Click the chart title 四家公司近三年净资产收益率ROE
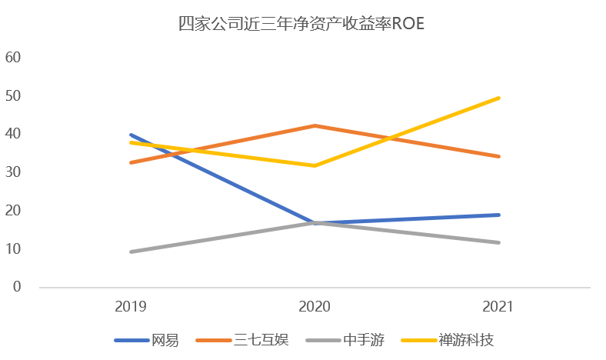[x=301, y=24]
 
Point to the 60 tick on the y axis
[x=13, y=58]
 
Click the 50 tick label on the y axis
[x=13, y=96]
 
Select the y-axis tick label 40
[x=13, y=134]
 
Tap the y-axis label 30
[x=13, y=172]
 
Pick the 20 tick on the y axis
[x=13, y=211]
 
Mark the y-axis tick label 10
[x=13, y=249]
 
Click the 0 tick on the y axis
[x=17, y=287]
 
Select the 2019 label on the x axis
[x=131, y=306]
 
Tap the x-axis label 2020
[x=315, y=306]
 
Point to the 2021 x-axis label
[x=498, y=306]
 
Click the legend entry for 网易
[x=165, y=339]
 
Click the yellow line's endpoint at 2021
[x=498, y=98]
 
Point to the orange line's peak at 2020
[x=315, y=125]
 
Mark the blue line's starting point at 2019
[x=131, y=135]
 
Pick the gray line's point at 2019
[x=131, y=252]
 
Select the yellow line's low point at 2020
[x=315, y=165]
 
